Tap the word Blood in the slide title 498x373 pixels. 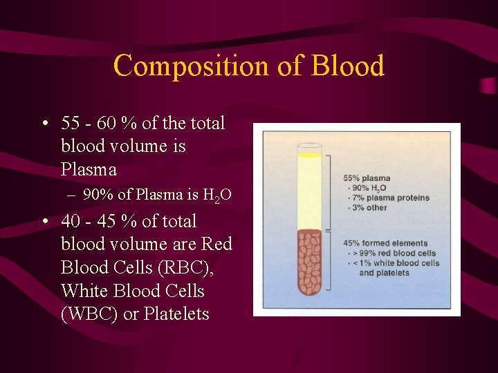(x=347, y=66)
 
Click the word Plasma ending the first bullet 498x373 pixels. (x=89, y=169)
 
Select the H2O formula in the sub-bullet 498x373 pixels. (x=217, y=196)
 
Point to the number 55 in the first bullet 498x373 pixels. (x=71, y=124)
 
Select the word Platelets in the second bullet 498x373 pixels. (x=175, y=314)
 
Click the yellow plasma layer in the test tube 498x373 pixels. (x=309, y=193)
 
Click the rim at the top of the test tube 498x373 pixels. (x=309, y=146)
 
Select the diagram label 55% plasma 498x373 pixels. (x=367, y=178)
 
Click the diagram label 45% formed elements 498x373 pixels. (x=385, y=243)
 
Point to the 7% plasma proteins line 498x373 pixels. (x=388, y=198)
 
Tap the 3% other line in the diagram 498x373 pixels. (x=368, y=207)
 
